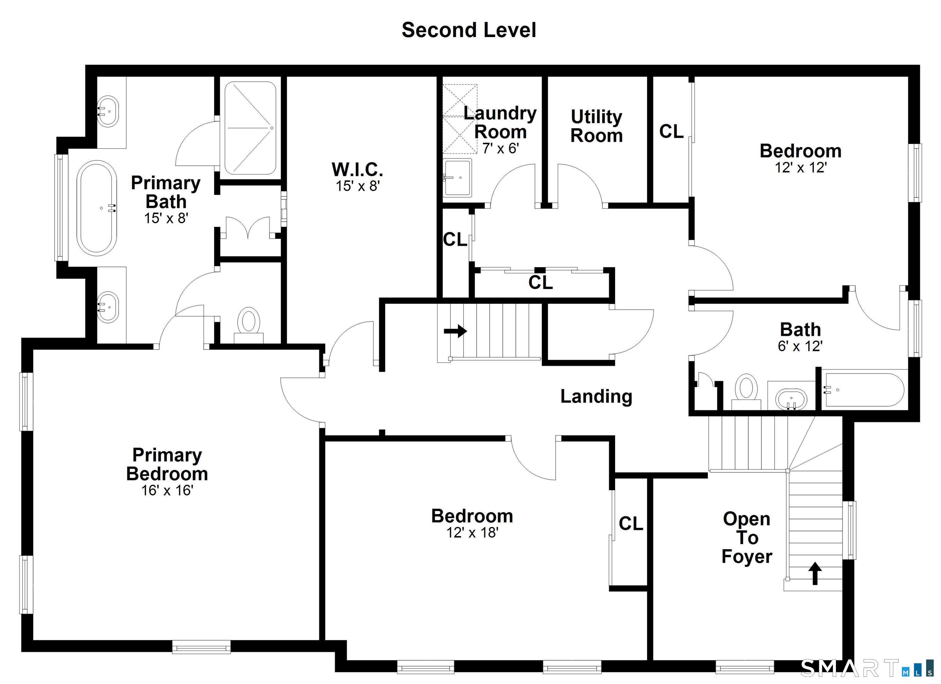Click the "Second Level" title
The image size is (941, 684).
[x=469, y=30]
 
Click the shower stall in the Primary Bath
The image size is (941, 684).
[x=250, y=128]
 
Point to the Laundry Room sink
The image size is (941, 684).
[x=457, y=178]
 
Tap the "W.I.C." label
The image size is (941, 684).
[x=357, y=169]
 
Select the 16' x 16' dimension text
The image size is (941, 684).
[x=167, y=490]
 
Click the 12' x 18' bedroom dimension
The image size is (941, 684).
[x=472, y=532]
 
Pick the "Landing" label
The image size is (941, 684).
[x=596, y=396]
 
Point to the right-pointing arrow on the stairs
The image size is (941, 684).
[x=455, y=331]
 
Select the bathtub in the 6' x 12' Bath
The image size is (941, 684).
[x=864, y=390]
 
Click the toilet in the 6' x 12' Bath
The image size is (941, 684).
[x=746, y=390]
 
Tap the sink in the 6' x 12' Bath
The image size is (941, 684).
[x=792, y=399]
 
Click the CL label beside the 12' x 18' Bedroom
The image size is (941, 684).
[x=631, y=524]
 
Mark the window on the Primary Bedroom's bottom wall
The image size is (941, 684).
[x=201, y=647]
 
